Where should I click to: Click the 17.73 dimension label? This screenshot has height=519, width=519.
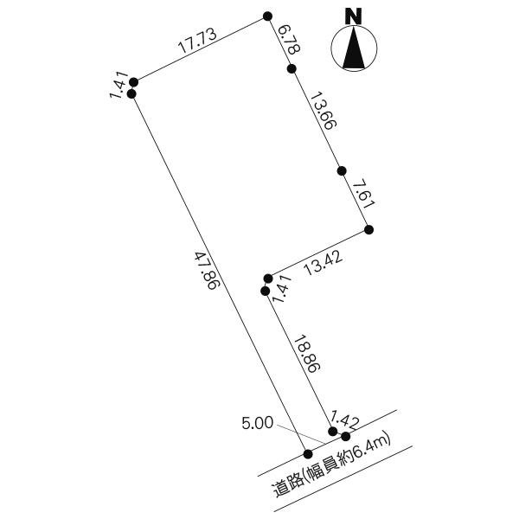coord(197,41)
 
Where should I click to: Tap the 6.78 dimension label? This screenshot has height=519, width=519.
coord(290,39)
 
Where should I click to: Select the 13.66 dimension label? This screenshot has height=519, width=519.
coord(324,111)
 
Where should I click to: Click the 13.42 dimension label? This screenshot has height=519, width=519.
coord(324,264)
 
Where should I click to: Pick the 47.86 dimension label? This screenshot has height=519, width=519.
coord(206,271)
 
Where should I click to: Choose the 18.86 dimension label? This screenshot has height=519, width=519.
coord(307,354)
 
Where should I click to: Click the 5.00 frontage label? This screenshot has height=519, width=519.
coord(258,423)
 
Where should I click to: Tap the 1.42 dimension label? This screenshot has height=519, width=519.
coord(345,419)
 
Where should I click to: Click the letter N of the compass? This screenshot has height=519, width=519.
coord(354,16)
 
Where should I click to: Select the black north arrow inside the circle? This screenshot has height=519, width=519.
coord(354,48)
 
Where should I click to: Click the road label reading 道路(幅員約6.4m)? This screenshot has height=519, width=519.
coord(332,467)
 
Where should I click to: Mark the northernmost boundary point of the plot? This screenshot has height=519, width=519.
coord(267,16)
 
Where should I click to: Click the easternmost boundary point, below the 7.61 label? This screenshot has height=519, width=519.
coord(369,229)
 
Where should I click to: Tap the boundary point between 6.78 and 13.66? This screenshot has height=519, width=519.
coord(292,69)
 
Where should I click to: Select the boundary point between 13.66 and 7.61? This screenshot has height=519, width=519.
coord(342,170)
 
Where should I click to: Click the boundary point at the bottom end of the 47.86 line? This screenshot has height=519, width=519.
coord(308,454)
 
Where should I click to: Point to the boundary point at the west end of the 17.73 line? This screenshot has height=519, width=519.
coord(134,82)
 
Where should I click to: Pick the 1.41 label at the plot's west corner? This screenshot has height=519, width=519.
coord(119,85)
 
